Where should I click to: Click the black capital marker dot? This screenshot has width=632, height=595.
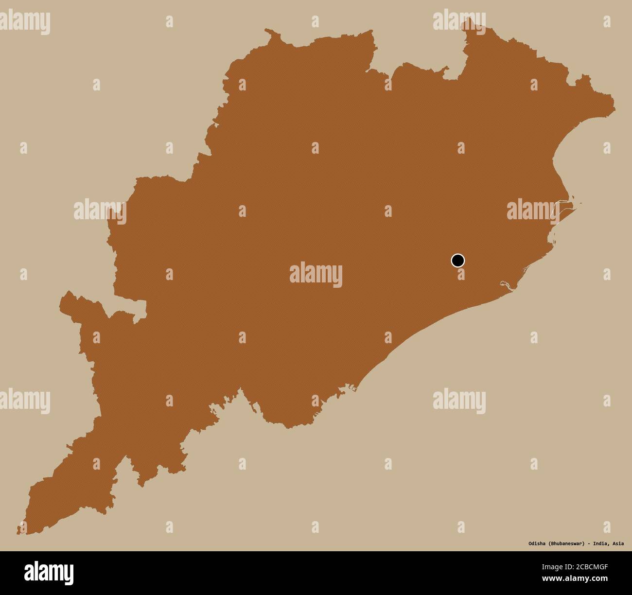[457, 261]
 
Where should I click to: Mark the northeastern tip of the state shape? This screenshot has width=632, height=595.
[614, 104]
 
